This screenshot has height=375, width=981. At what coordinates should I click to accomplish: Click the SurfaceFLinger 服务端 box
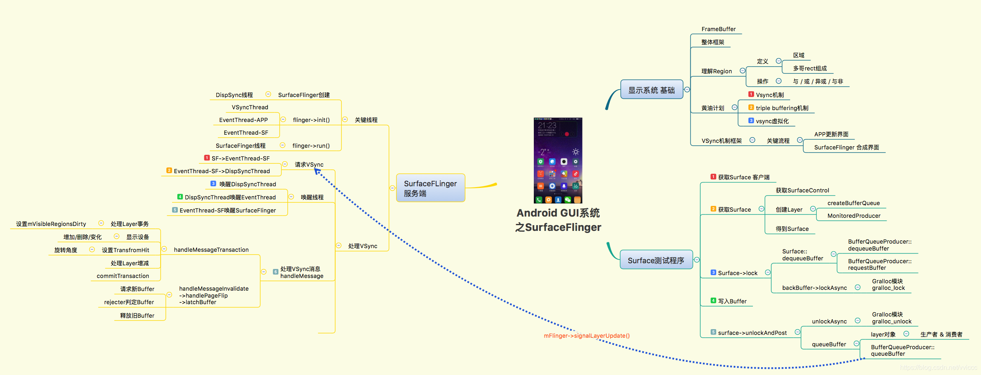pos(430,188)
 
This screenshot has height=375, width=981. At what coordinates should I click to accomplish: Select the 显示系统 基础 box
pos(652,90)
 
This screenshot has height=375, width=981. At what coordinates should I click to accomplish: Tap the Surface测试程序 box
pos(656,260)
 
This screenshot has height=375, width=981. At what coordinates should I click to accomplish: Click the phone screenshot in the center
pos(558,160)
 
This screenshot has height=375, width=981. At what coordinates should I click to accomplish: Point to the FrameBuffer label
pos(718,29)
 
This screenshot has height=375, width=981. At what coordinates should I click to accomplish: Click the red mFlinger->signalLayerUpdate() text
pos(587,336)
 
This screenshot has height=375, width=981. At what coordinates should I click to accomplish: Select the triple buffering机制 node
pos(782,108)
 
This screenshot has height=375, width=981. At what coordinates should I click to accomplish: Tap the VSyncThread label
pos(250,107)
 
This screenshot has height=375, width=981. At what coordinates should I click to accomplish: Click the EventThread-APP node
pos(243,120)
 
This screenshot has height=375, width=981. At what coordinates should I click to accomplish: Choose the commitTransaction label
pos(123,276)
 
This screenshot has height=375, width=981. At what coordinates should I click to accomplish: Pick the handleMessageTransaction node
pos(211,250)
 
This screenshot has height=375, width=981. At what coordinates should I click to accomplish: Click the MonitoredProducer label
pos(854,216)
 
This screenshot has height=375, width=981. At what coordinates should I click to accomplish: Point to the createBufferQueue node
pos(853,203)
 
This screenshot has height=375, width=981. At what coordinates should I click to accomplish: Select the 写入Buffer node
pos(732,301)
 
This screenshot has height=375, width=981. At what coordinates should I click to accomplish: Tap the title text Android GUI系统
pos(558,213)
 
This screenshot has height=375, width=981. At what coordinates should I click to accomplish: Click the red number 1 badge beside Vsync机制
pos(751,95)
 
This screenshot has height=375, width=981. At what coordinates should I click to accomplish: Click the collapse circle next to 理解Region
pos(742,71)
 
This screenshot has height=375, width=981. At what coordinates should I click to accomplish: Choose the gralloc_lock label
pos(888,288)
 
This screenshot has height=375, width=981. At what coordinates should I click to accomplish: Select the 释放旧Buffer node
pos(137,316)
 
